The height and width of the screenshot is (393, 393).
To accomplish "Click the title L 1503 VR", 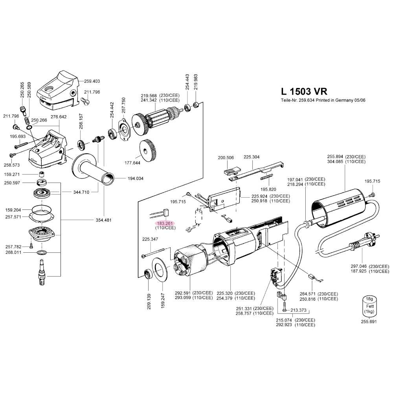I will [x=303, y=91].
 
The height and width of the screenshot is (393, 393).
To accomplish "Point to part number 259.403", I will [x=92, y=81].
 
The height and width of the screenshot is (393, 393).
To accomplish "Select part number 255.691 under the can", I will [x=369, y=321].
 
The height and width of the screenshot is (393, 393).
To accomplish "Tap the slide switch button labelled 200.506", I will [x=231, y=171].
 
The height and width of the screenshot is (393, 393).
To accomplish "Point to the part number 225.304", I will [x=252, y=157].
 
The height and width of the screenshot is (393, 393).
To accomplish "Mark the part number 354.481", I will [x=104, y=220].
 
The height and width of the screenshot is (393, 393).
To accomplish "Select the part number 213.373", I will [x=298, y=310].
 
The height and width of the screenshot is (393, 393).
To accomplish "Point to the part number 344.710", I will [x=81, y=192].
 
